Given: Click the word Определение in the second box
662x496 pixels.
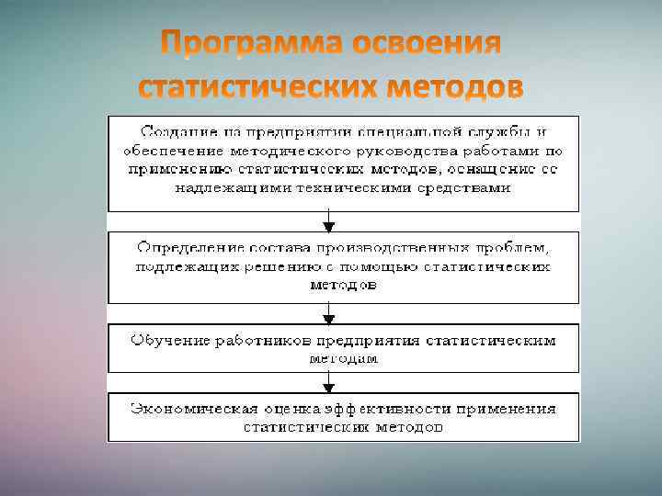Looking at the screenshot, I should tap(190, 248).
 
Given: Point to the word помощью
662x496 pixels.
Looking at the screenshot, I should tap(380, 266).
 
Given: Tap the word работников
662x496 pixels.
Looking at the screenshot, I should tap(261, 340).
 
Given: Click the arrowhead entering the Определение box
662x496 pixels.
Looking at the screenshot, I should tap(329, 226).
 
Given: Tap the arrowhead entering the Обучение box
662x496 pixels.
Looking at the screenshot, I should tap(329, 318).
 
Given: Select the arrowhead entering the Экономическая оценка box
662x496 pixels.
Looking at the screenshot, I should tap(329, 388).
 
